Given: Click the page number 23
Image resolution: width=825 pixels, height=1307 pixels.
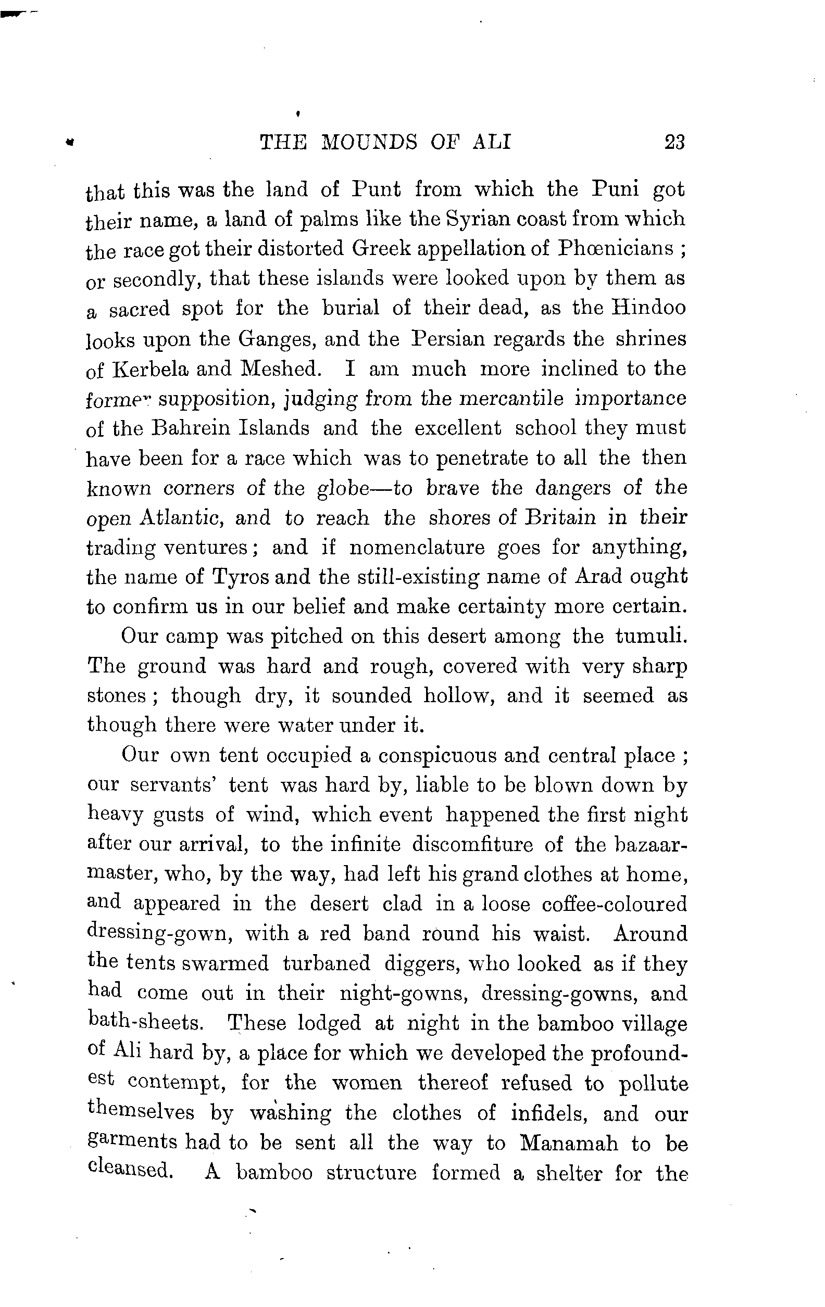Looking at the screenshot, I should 674,142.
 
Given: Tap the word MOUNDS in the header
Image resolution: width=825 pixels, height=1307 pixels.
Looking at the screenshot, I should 370,142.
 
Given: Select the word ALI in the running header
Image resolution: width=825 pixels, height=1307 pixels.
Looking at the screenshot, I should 492,142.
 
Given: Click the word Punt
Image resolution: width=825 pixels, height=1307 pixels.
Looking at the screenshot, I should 377,189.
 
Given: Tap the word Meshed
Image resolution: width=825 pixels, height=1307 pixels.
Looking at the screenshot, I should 281,369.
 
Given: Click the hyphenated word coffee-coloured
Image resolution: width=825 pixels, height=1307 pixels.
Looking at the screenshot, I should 614,904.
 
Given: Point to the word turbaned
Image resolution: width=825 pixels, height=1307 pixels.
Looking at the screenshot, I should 326,963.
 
